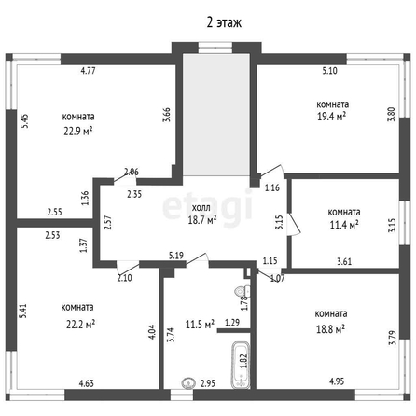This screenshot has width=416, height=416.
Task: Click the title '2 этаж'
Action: pyautogui.click(x=224, y=22)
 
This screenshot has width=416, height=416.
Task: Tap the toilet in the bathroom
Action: pyautogui.click(x=243, y=292)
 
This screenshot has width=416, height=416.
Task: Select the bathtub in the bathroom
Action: pyautogui.click(x=241, y=365)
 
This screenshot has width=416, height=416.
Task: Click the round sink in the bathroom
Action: pyautogui.click(x=188, y=383)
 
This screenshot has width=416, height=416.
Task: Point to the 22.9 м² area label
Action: pyautogui.click(x=78, y=131)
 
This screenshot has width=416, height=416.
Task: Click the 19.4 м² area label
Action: pyautogui.click(x=331, y=117)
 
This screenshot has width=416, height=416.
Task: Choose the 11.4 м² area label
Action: pyautogui.click(x=344, y=224)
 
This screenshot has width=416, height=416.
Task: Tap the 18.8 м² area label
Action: pyautogui.click(x=330, y=328)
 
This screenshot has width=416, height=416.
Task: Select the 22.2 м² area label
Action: pyautogui.click(x=80, y=325)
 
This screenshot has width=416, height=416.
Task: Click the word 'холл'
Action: pyautogui.click(x=201, y=208)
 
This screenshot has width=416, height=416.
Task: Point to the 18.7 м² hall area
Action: pyautogui.click(x=202, y=220)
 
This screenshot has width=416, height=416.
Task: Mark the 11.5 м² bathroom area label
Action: pyautogui.click(x=200, y=325)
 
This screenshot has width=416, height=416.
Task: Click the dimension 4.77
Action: pyautogui.click(x=88, y=71)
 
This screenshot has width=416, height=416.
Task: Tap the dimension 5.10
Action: pyautogui.click(x=329, y=71)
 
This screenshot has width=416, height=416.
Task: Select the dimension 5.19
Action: pyautogui.click(x=176, y=256)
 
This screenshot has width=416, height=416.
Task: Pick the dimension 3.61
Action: pyautogui.click(x=344, y=261)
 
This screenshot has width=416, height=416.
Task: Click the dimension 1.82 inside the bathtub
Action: pyautogui.click(x=243, y=361)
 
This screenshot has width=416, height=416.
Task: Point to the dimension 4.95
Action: pyautogui.click(x=337, y=381)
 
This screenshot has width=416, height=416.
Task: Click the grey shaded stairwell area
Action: pyautogui.click(x=216, y=115)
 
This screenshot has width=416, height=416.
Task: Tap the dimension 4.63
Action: pyautogui.click(x=86, y=383)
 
